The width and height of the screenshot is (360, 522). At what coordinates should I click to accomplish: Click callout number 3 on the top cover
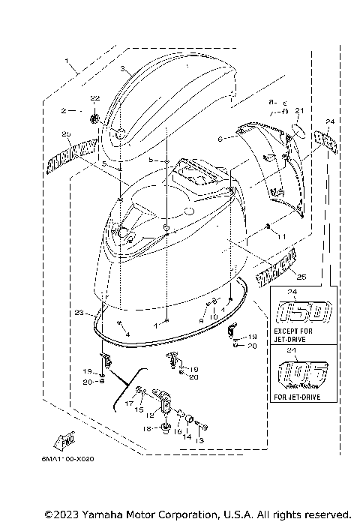coord(121,68)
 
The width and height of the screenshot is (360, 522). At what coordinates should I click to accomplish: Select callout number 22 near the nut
coord(94,99)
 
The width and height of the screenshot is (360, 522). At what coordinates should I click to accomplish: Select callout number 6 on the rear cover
coord(220,139)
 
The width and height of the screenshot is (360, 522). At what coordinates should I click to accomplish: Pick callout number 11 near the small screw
coord(283,236)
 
